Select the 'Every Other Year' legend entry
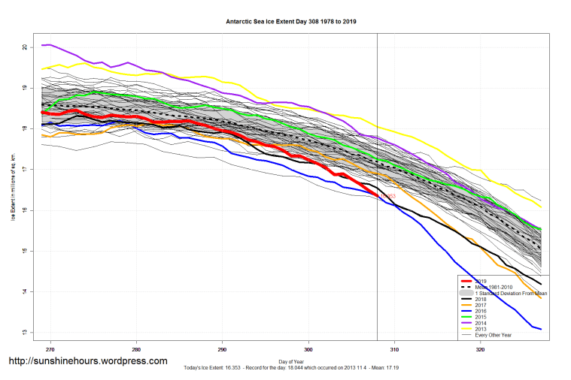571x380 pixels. coord(492,335)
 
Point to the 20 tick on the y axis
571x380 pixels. coord(25,47)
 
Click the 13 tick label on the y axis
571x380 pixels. coord(25,332)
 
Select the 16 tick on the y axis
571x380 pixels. coord(25,210)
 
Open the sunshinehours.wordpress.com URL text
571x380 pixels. coord(87,361)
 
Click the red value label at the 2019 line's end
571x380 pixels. coord(387,197)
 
